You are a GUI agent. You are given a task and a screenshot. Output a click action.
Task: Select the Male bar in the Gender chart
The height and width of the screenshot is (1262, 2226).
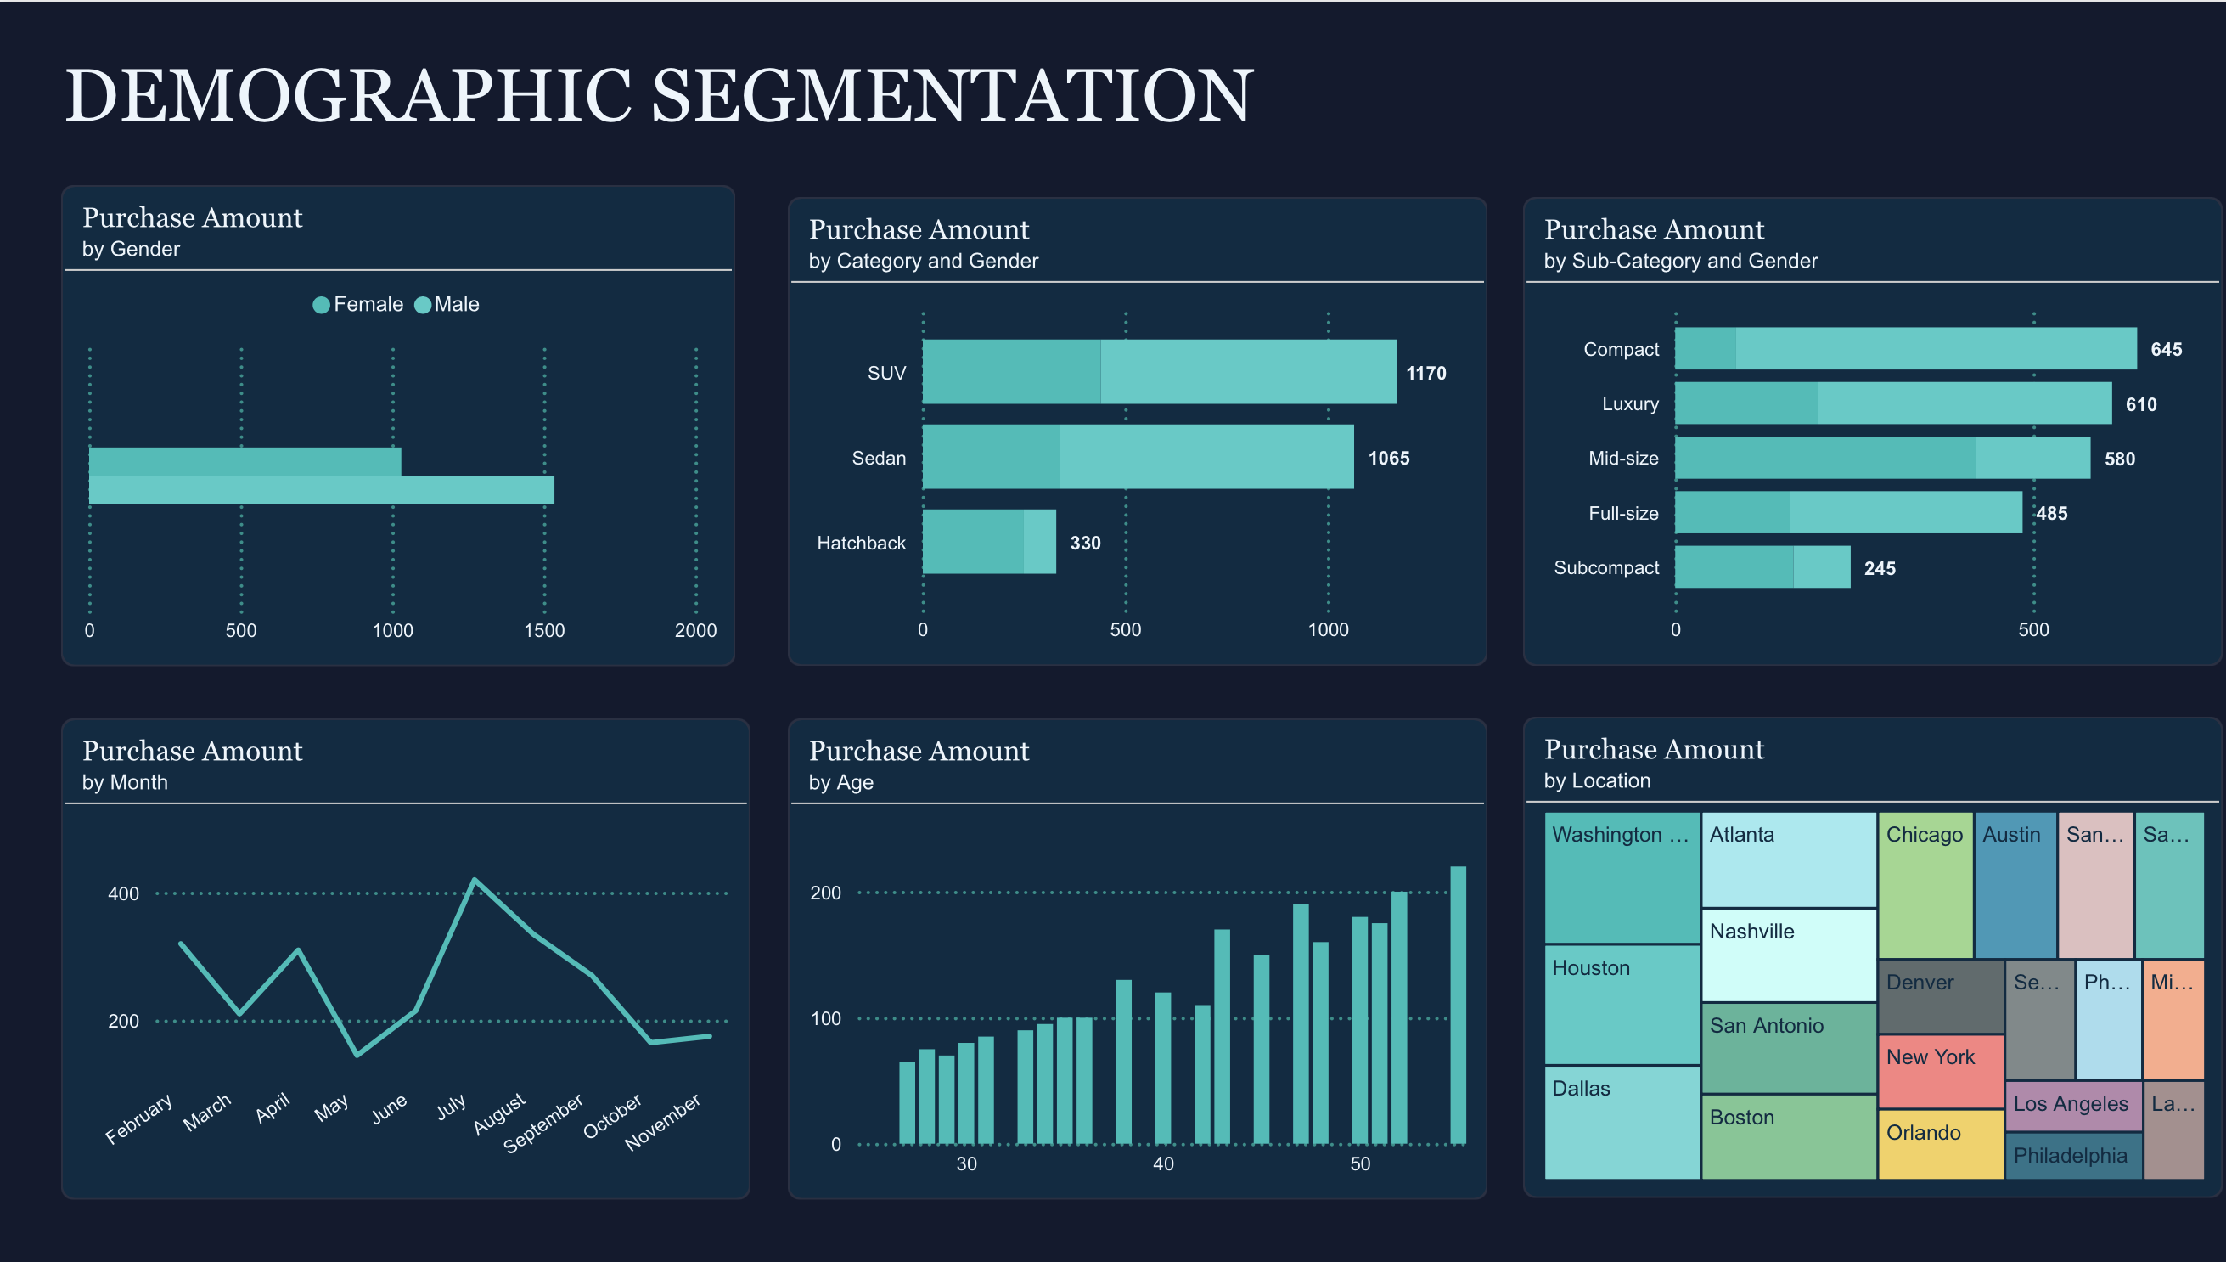(x=321, y=491)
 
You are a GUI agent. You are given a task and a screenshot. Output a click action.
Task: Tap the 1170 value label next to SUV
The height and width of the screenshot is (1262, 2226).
(x=1425, y=374)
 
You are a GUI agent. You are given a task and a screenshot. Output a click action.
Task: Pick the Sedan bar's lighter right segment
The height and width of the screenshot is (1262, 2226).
(x=1206, y=457)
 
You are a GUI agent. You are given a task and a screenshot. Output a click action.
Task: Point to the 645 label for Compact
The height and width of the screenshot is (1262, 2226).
(x=2166, y=349)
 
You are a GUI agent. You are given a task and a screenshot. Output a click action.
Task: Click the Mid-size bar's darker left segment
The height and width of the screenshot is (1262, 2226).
(x=1824, y=458)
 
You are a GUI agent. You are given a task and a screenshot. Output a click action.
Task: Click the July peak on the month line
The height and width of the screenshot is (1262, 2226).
(x=475, y=881)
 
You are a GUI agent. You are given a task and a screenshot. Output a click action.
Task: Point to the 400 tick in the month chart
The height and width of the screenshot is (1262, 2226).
(x=123, y=893)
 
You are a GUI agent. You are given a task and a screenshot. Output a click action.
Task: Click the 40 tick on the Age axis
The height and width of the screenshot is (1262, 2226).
(x=1163, y=1164)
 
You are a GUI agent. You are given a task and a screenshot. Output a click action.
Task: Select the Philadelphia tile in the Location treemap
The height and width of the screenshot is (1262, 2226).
(x=2071, y=1156)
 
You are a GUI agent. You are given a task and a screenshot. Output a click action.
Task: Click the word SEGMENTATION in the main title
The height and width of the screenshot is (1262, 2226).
(x=952, y=95)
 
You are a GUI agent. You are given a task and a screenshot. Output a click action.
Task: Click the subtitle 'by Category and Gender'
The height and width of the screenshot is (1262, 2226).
(x=923, y=261)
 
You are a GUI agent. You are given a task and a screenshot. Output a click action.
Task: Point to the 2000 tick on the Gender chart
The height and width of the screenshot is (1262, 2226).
(x=695, y=630)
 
